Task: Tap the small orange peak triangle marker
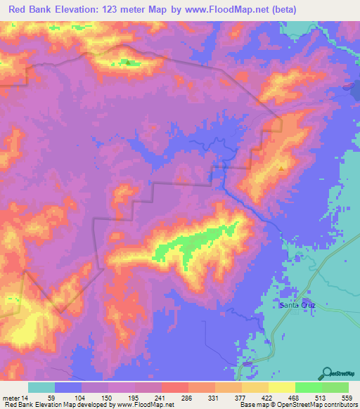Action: tap(282, 168)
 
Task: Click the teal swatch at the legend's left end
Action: tap(41, 387)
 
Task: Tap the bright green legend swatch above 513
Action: tap(309, 387)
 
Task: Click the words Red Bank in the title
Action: tap(32, 9)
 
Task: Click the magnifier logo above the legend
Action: tap(327, 373)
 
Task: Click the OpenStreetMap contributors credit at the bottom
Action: tap(316, 405)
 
